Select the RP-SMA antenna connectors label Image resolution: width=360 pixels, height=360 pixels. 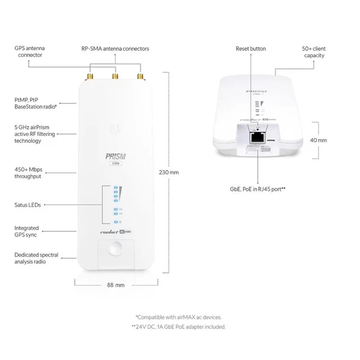pos(115,48)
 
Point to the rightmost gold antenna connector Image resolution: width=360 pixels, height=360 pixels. pos(140,77)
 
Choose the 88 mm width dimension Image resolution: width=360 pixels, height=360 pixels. pos(116,285)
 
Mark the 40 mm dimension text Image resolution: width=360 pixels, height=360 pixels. pos(318,140)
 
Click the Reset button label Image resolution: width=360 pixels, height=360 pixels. pos(251,48)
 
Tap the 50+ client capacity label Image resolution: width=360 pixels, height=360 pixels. pos(313,51)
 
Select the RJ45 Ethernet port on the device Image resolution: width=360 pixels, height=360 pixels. pos(257,139)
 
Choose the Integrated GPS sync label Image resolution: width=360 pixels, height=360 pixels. pos(27,232)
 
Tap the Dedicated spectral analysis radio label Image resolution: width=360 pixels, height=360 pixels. pos(36,258)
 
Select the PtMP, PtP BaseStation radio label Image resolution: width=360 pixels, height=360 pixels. pos(35,103)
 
